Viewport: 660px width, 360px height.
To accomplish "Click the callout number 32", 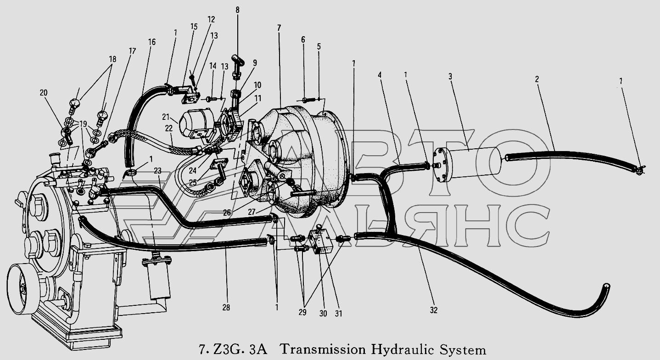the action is (x=433, y=310).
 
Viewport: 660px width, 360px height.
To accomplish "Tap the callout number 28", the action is (x=226, y=308).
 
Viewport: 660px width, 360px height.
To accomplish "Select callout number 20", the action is (x=44, y=93).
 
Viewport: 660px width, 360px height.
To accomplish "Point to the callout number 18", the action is (x=112, y=59).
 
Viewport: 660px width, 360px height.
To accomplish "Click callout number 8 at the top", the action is (x=237, y=10).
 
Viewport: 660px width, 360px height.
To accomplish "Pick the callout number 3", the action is (x=450, y=77).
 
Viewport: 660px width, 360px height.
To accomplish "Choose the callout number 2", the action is (x=537, y=79).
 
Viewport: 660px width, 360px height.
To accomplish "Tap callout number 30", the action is (x=323, y=314).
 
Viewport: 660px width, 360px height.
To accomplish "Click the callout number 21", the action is (x=166, y=117).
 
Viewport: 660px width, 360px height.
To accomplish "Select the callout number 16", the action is (x=152, y=42).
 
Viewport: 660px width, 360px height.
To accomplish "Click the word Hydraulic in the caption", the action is (x=403, y=350).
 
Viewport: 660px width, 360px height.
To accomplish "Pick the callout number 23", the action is (x=157, y=171).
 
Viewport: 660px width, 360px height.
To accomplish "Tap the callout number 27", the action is (x=252, y=212).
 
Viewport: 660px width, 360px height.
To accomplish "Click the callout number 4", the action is (x=380, y=75).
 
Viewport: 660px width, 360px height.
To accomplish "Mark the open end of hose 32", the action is (x=606, y=287).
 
